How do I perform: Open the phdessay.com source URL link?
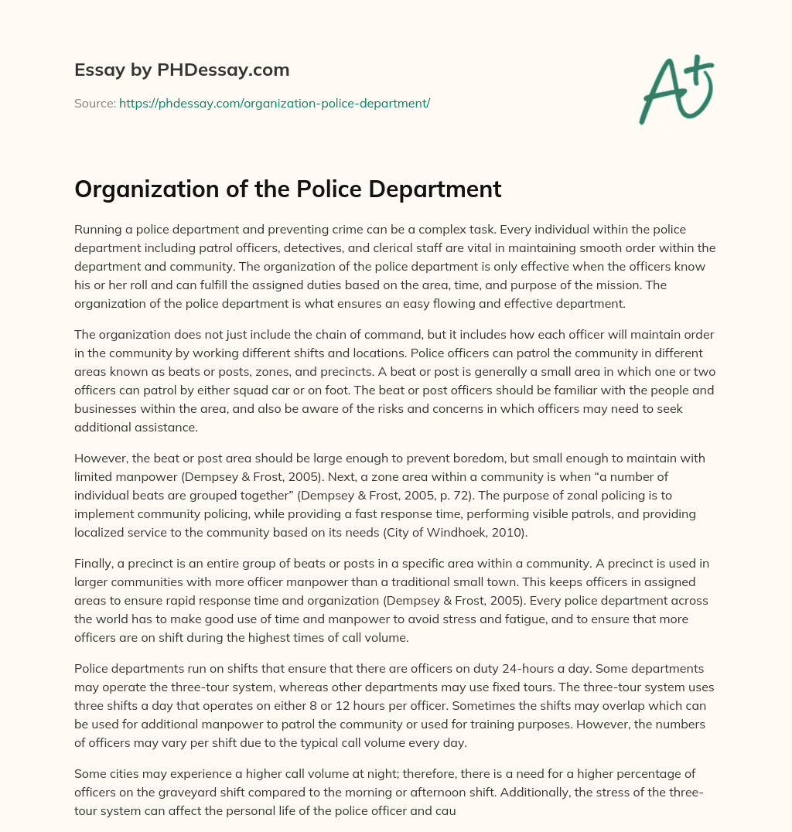[x=275, y=103]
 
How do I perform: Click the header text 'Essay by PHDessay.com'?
[x=182, y=70]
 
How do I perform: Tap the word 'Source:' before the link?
[x=94, y=103]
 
